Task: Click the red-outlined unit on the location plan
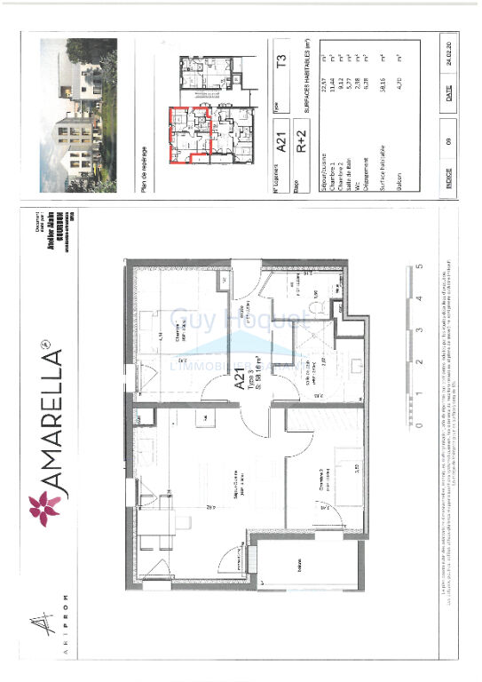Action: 188,133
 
